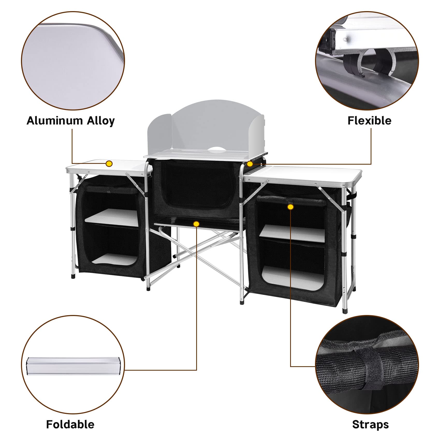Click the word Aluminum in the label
point(55,121)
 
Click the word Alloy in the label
point(100,121)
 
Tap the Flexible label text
point(369,121)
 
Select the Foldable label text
point(70,424)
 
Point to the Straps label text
point(370,424)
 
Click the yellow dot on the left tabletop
point(109,164)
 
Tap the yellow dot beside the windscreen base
point(250,164)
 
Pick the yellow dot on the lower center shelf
point(196,224)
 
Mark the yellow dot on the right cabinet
point(290,207)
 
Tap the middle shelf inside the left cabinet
point(112,217)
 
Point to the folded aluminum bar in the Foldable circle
point(72,365)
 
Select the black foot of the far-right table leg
point(344,311)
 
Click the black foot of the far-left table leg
point(73,276)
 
